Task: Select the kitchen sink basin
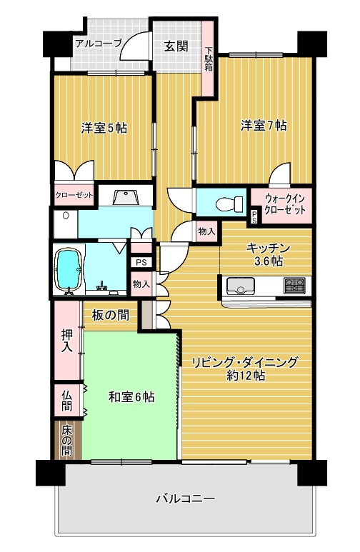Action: [x=241, y=286]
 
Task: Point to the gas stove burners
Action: [x=295, y=285]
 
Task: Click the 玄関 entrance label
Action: [x=176, y=46]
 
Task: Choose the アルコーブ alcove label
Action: [x=99, y=44]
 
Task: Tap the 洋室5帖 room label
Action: [x=104, y=128]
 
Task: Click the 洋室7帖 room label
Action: [x=264, y=126]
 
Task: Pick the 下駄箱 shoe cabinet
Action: [x=209, y=58]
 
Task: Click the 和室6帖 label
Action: [x=131, y=397]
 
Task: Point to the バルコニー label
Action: [x=185, y=499]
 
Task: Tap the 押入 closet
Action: [x=67, y=341]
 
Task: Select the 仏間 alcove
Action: [x=67, y=401]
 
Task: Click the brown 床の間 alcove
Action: [x=67, y=441]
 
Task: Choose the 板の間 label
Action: [x=110, y=315]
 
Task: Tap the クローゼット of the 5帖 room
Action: [x=74, y=195]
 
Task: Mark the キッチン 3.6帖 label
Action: [x=269, y=254]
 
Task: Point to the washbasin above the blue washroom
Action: [x=126, y=197]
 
